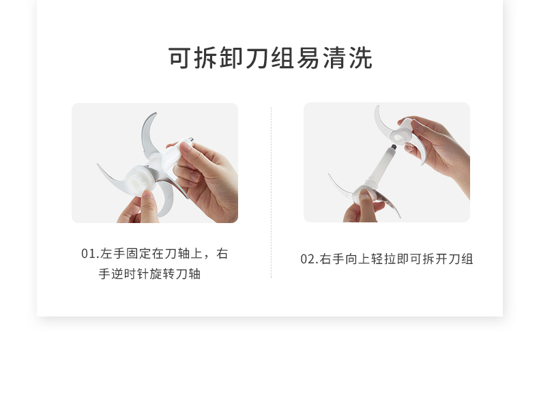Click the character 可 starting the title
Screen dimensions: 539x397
coord(179,58)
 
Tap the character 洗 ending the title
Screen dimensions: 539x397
coord(361,58)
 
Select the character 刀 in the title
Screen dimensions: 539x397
coord(257,58)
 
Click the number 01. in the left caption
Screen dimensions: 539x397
coord(90,254)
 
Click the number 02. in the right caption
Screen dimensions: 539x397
coord(309,259)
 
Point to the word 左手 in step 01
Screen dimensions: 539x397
coord(113,254)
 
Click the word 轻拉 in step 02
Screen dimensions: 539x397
coord(383,259)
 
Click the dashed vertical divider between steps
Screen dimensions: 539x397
coord(272,192)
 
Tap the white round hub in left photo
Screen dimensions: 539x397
coord(137,181)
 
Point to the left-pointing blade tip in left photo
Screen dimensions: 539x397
coord(98,164)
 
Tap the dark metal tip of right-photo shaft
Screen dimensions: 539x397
coord(394,147)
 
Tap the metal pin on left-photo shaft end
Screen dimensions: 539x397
coord(191,140)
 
